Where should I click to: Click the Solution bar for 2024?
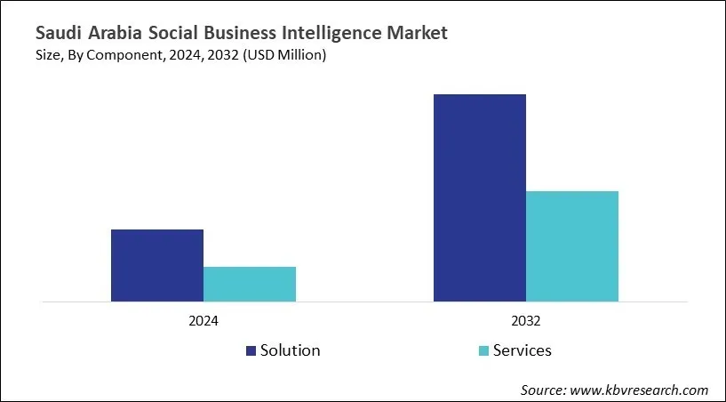click(x=157, y=265)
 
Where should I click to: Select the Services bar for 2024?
click(x=250, y=284)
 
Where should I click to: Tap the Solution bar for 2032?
click(x=480, y=197)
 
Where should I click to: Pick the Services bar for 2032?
click(x=572, y=246)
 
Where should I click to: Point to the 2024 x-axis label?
click(x=203, y=320)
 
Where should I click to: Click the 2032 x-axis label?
click(x=526, y=320)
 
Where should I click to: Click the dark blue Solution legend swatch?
click(x=251, y=350)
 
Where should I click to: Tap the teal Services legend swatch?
click(x=483, y=350)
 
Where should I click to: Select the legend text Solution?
click(x=290, y=350)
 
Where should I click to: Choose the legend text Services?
click(x=522, y=350)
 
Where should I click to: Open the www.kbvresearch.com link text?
click(x=641, y=390)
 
